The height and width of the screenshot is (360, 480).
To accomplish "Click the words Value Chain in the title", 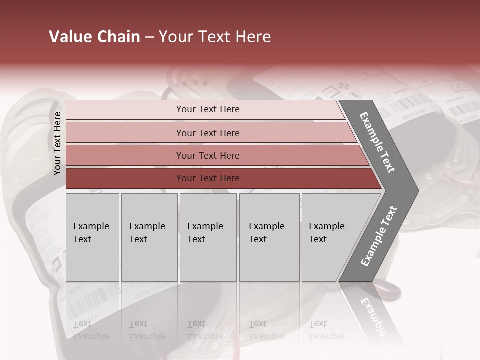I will click(x=94, y=37).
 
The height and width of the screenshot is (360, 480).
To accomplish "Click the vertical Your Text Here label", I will click(x=57, y=143).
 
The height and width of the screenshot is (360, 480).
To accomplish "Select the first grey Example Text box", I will click(x=92, y=237).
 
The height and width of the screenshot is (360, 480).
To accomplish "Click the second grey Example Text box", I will click(x=149, y=237).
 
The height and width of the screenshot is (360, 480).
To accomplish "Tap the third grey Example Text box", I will click(x=208, y=237).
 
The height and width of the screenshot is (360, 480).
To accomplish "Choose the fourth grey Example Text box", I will click(x=269, y=237).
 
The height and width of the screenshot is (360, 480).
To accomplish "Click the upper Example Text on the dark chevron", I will click(x=377, y=142).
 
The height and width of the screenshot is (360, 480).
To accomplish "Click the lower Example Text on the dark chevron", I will click(x=379, y=236).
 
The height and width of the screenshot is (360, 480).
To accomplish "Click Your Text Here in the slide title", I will click(x=215, y=37).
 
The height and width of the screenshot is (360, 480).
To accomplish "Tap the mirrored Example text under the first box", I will click(x=91, y=330).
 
